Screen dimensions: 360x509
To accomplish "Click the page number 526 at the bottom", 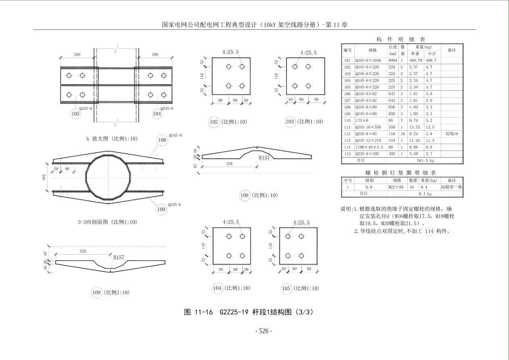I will coord(264,331).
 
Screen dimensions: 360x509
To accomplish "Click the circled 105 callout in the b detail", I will coord(76,114).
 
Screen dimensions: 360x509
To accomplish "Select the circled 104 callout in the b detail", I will coord(157,114).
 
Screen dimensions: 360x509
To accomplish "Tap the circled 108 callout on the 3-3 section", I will coord(162,140).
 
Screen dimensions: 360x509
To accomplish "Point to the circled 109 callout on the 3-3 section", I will coord(161,209).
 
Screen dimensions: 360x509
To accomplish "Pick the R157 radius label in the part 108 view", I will coord(264,157).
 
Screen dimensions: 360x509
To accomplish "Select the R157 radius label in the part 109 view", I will coord(119,257).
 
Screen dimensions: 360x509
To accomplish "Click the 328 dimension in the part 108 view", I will coord(229,163).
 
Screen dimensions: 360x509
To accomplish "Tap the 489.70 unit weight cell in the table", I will coord(416,60).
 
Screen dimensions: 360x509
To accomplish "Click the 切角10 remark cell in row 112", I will coord(452,134).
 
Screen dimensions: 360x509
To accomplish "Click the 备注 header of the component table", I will coord(452,50).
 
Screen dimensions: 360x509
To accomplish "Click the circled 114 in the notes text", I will coord(430,231).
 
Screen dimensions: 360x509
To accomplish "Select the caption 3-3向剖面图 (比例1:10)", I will coord(107,222).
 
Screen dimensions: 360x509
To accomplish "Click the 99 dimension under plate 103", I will coord(316,99).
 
